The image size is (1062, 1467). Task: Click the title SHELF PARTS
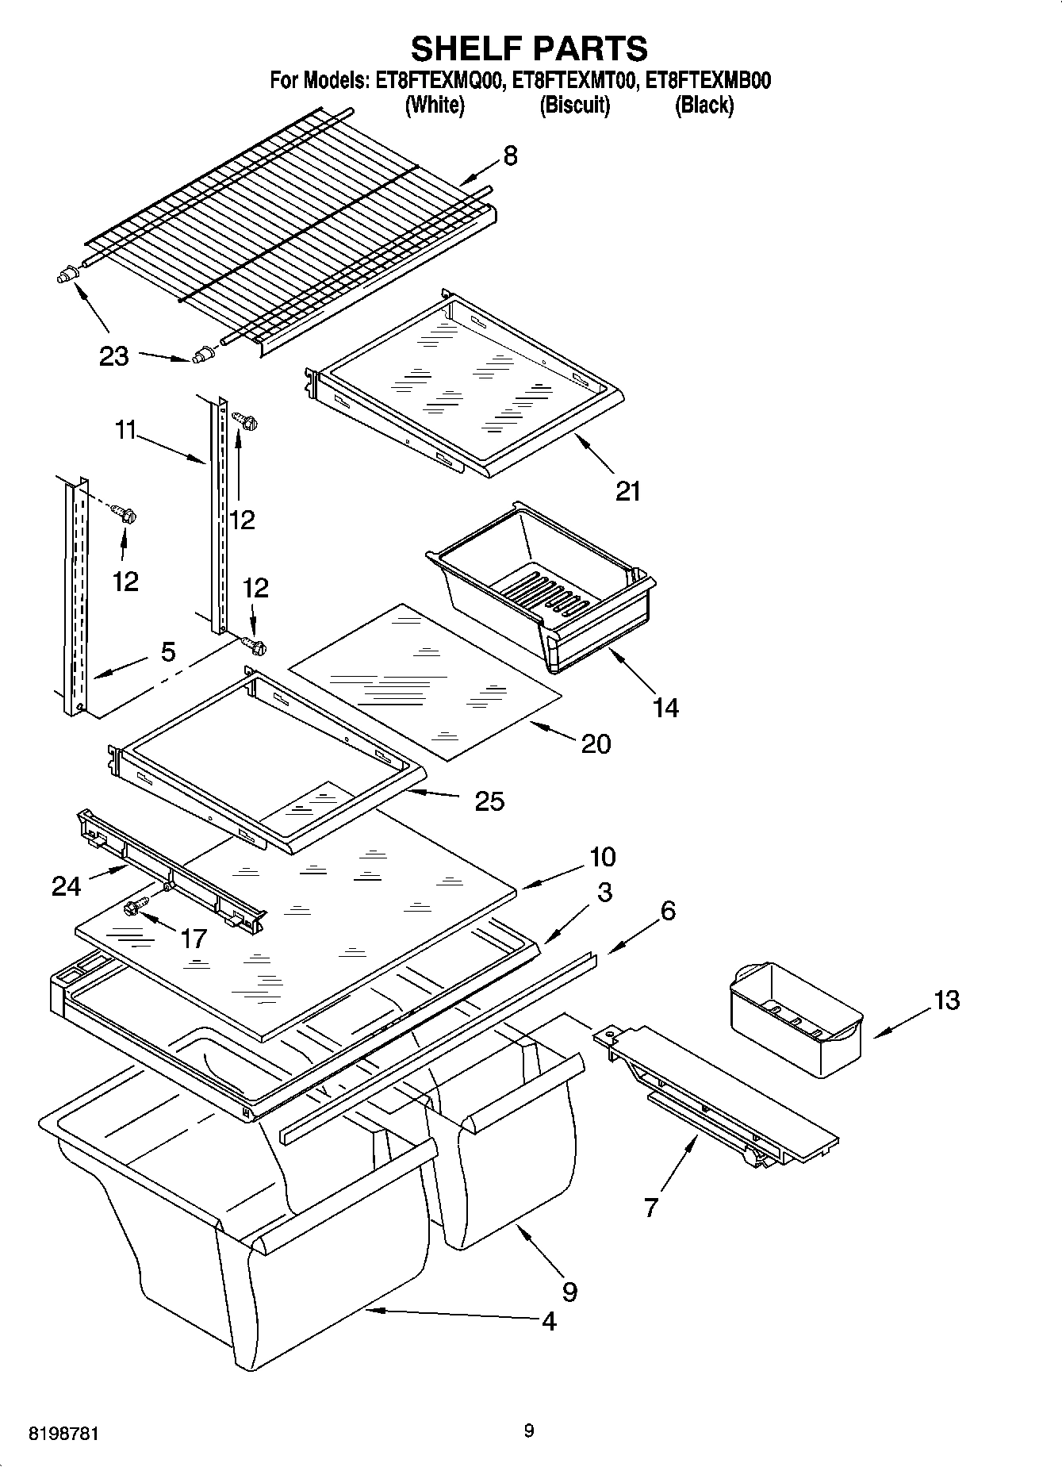pyautogui.click(x=529, y=49)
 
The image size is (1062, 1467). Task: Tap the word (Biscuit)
pyautogui.click(x=575, y=106)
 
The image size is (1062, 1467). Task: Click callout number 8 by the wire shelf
pyautogui.click(x=510, y=156)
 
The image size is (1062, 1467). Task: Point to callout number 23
pyautogui.click(x=113, y=356)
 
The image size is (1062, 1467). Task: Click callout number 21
pyautogui.click(x=627, y=491)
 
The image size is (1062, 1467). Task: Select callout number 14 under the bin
pyautogui.click(x=665, y=707)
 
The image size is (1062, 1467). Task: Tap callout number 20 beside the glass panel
pyautogui.click(x=596, y=743)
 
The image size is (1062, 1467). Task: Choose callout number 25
pyautogui.click(x=489, y=801)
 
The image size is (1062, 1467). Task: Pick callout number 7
pyautogui.click(x=650, y=1208)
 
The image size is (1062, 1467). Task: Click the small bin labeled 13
pyautogui.click(x=794, y=1020)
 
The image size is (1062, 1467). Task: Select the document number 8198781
pyautogui.click(x=64, y=1434)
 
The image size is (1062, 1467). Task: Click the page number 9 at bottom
pyautogui.click(x=529, y=1431)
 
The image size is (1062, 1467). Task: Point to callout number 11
pyautogui.click(x=125, y=431)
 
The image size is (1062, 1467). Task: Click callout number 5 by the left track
pyautogui.click(x=167, y=652)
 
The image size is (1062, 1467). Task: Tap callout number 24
pyautogui.click(x=66, y=885)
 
